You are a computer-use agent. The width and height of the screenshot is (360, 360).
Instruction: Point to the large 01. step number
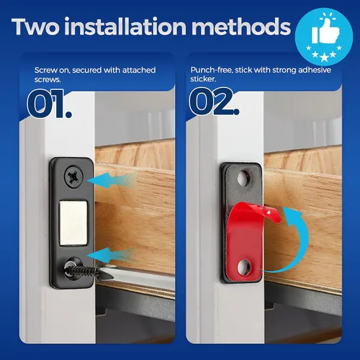49,104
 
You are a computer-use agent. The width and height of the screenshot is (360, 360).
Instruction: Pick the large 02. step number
214,102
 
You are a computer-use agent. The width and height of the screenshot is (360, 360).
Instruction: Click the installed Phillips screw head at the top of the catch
73,176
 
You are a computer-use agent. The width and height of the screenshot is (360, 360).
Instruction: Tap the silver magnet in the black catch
73,223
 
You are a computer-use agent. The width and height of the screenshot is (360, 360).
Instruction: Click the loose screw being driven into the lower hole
83,271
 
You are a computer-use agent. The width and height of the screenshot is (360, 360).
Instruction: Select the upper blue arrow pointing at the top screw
112,180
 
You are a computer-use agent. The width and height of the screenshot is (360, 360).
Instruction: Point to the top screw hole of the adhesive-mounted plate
244,179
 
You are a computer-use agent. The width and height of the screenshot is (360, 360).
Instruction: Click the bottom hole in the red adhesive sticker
244,267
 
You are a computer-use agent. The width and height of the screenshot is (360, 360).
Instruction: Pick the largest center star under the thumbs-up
324,58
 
